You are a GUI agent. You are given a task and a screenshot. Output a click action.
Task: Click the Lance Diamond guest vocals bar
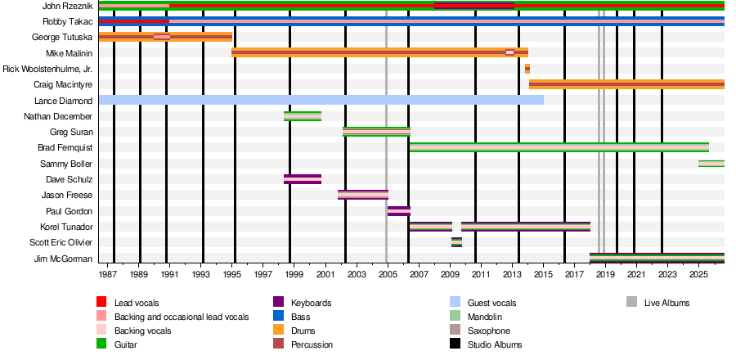[x=321, y=100]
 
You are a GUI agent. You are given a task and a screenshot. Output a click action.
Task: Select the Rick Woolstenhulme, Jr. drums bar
[x=527, y=69]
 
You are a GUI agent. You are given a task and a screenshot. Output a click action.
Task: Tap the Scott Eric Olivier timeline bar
[x=456, y=242]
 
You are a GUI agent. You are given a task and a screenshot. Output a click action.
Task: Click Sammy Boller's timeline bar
[x=711, y=164]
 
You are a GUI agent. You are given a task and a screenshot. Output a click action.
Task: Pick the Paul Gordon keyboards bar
[x=399, y=211]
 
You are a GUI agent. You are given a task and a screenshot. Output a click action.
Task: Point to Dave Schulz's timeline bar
[x=303, y=179]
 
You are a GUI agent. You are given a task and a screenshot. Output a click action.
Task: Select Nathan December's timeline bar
[x=303, y=116]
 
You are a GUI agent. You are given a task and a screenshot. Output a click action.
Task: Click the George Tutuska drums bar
[x=166, y=37]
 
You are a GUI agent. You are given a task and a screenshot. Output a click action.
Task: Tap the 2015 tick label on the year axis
[x=543, y=274]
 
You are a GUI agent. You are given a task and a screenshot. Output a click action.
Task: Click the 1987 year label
[x=107, y=274]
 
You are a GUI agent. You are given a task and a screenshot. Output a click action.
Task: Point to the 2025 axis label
[x=698, y=274]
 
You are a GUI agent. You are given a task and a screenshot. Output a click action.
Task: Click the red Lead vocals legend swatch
[x=101, y=302]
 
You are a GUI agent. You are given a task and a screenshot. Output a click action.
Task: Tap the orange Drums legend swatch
[x=278, y=331]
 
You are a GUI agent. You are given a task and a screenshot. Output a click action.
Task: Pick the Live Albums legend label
[x=667, y=303]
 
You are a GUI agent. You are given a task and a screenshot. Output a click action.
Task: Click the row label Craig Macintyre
[x=63, y=84]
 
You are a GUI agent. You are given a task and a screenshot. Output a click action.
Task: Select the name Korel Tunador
[x=66, y=227]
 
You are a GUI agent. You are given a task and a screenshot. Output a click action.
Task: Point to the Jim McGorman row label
[x=63, y=259]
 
